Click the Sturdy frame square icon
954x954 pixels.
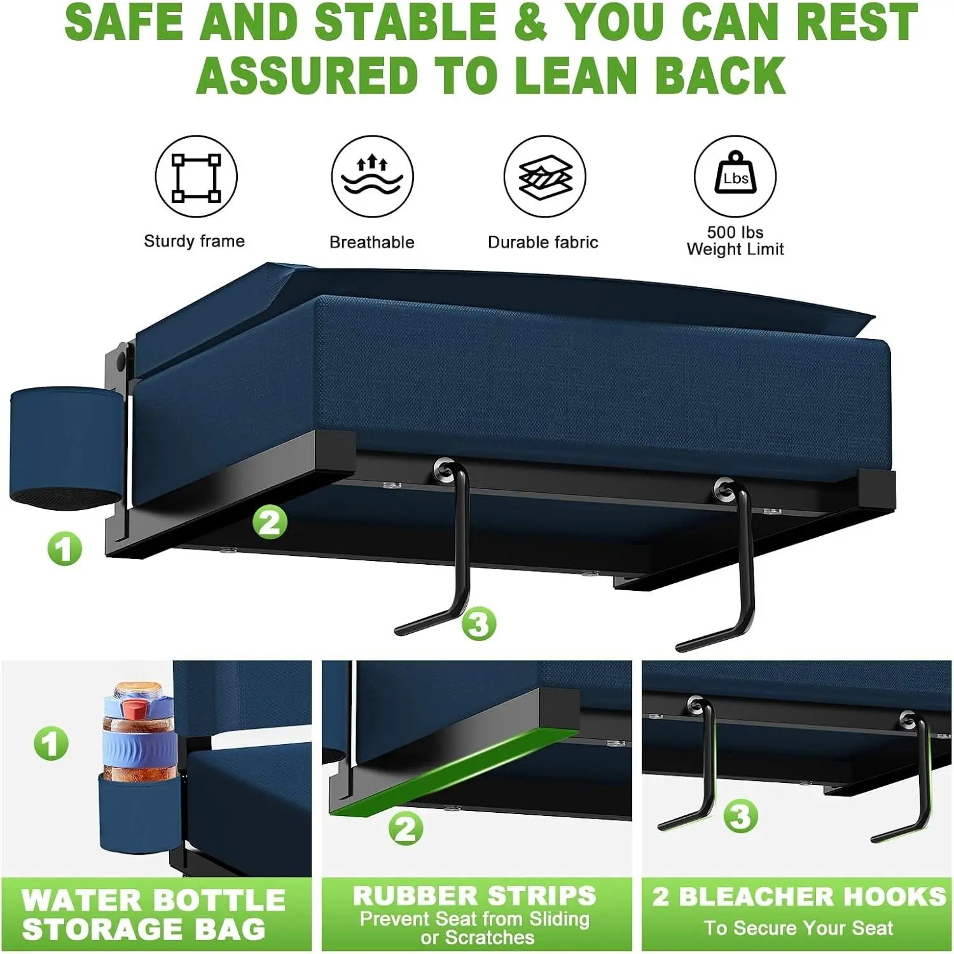pyautogui.click(x=197, y=177)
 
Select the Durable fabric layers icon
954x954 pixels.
pyautogui.click(x=545, y=177)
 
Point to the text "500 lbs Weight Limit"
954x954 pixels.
pyautogui.click(x=735, y=240)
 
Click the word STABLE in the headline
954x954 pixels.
pyautogui.click(x=405, y=22)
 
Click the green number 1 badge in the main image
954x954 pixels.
pyautogui.click(x=65, y=549)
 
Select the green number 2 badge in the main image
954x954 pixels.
pyautogui.click(x=270, y=523)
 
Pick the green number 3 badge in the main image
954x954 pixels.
pyautogui.click(x=478, y=623)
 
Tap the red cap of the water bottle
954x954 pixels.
pyautogui.click(x=135, y=707)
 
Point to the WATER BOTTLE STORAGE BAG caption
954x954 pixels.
pyautogui.click(x=153, y=915)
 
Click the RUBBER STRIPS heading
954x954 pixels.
pyautogui.click(x=474, y=895)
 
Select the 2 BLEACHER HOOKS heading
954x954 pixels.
pyautogui.click(x=799, y=896)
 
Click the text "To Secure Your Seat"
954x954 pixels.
pyautogui.click(x=798, y=928)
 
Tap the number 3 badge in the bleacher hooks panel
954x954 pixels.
pyautogui.click(x=740, y=816)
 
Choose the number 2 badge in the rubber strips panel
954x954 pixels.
pyautogui.click(x=406, y=829)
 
